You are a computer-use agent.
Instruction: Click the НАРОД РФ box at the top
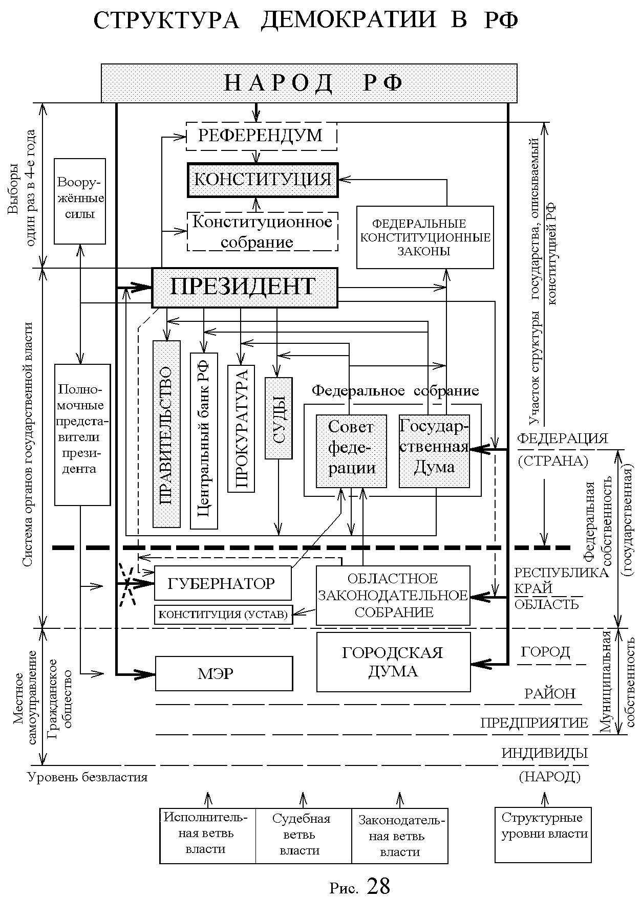(x=309, y=83)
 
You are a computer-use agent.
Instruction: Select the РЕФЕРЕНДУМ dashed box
(x=261, y=136)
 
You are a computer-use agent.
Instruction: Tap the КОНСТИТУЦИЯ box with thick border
(x=263, y=180)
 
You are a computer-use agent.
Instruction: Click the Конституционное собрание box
(x=262, y=232)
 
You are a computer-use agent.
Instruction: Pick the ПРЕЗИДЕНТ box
(x=245, y=288)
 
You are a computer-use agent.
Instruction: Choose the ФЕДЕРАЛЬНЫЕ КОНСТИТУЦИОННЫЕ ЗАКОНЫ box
(x=425, y=237)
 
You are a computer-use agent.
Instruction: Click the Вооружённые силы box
(x=80, y=201)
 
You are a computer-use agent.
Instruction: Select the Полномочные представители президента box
(x=82, y=434)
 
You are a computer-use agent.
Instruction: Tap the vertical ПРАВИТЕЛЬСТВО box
(x=166, y=434)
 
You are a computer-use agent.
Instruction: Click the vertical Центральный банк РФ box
(x=204, y=441)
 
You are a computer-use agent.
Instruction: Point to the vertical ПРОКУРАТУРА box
(x=241, y=429)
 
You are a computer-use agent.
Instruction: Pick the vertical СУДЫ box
(x=279, y=418)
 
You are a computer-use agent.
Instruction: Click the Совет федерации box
(x=351, y=451)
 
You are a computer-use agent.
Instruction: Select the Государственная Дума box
(x=434, y=451)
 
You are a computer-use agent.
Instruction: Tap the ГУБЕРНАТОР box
(x=223, y=583)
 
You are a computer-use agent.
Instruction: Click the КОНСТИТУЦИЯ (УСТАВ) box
(x=223, y=615)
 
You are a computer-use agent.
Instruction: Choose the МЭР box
(x=224, y=673)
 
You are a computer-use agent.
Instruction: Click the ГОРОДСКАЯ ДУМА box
(x=393, y=662)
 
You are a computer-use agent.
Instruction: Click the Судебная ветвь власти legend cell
(x=303, y=835)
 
